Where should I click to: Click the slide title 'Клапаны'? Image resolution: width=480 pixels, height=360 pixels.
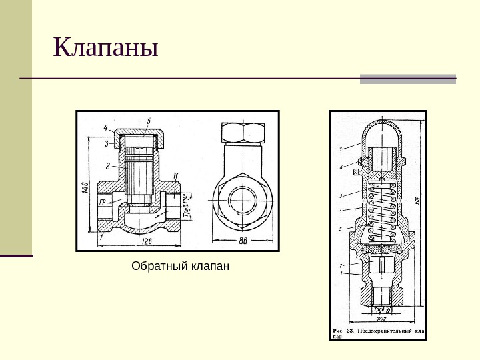coord(106,49)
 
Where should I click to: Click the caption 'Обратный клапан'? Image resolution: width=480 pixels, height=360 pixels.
coord(180,267)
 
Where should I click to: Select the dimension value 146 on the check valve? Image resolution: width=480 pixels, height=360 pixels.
coord(85,187)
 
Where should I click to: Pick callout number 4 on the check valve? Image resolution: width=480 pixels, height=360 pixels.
coord(105,127)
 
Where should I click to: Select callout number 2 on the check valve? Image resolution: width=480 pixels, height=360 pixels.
coord(106,164)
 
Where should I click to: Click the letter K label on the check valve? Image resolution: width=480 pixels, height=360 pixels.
coord(175,175)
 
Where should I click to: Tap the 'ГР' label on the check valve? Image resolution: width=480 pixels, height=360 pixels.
coord(103,201)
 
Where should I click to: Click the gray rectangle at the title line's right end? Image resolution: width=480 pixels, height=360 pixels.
coord(408,79)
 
